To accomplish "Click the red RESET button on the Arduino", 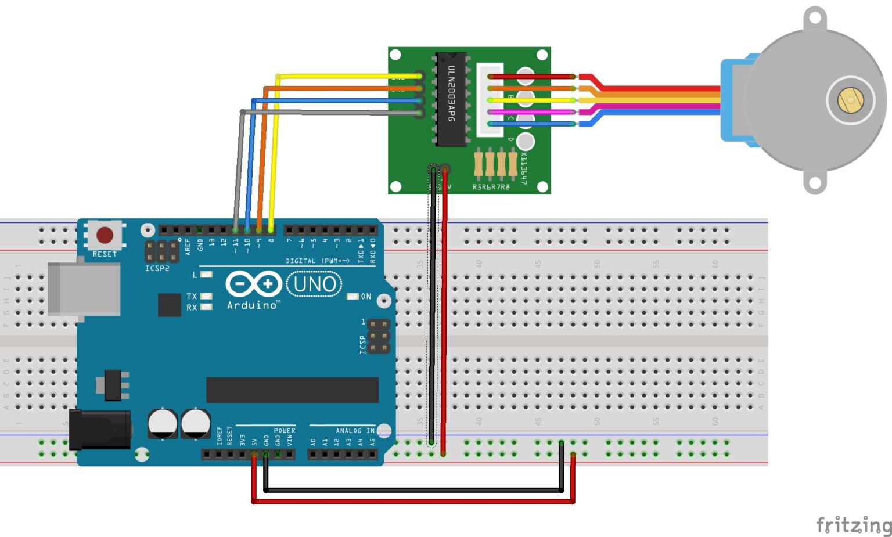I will [105, 235].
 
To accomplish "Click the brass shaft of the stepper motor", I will [850, 100].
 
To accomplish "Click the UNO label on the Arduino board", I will [314, 284].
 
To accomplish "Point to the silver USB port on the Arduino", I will [84, 289].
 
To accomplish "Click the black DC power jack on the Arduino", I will [99, 430].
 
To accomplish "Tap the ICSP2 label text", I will [157, 268].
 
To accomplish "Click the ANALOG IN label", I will [355, 430].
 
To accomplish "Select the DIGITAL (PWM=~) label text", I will [318, 261].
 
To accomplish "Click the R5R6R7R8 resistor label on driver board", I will [491, 187].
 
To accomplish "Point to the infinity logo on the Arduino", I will [253, 284].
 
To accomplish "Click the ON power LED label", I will [366, 296].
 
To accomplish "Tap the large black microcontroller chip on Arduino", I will [292, 390].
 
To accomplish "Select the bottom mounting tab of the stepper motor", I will [815, 183].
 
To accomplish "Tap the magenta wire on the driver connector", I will [531, 112].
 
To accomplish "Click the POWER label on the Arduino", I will [285, 430].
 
